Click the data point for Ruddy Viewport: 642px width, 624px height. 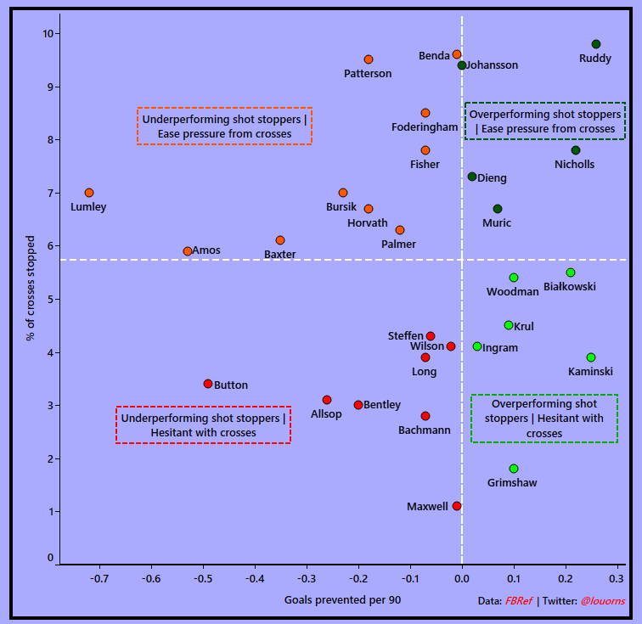click(596, 44)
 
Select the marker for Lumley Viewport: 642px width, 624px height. click(89, 193)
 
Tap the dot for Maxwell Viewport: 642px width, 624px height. click(457, 506)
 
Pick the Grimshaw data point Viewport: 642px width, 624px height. click(514, 469)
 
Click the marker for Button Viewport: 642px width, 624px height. click(208, 384)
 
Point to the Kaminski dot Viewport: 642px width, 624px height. click(591, 357)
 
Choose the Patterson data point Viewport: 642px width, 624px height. click(369, 59)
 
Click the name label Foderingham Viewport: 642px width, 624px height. click(425, 127)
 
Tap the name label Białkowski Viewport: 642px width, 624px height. click(569, 287)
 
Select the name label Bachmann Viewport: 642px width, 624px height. click(425, 430)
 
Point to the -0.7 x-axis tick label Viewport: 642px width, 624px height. click(99, 579)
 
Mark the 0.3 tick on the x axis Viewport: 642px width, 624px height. click(617, 579)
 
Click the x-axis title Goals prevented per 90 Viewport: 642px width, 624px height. click(342, 600)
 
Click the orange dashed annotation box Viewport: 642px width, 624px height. click(224, 126)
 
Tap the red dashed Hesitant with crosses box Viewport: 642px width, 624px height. click(204, 425)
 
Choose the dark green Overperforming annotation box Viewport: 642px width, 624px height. click(545, 121)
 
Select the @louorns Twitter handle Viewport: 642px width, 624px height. click(603, 601)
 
